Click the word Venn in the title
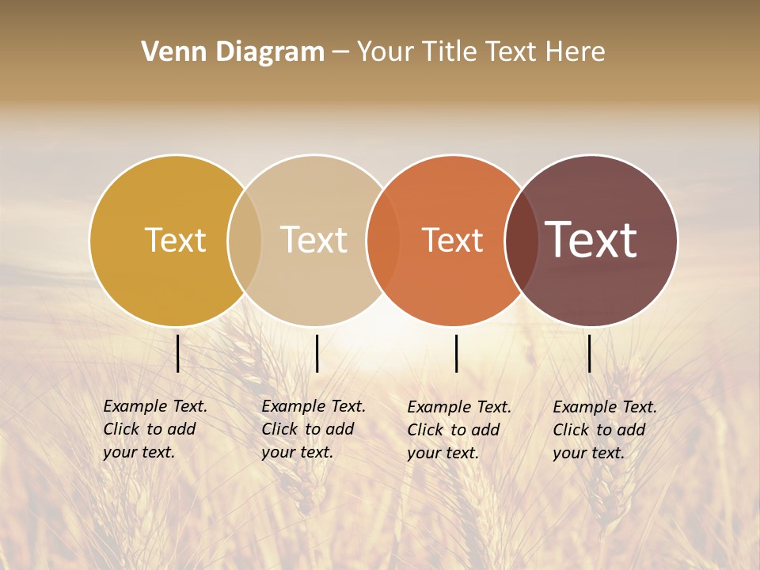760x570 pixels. (167, 52)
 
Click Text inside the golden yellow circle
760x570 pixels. (175, 240)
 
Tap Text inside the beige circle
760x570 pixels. (314, 240)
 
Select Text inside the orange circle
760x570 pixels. (453, 240)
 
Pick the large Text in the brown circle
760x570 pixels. (591, 240)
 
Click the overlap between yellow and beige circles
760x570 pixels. (245, 240)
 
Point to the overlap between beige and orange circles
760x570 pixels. (383, 240)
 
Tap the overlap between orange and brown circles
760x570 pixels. (521, 240)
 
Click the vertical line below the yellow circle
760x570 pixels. (178, 353)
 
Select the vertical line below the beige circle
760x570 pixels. (317, 353)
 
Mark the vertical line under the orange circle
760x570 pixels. (456, 353)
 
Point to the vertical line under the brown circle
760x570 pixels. (590, 353)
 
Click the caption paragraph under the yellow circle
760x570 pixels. (155, 429)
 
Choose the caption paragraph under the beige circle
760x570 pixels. (313, 429)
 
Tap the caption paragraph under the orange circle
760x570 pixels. (459, 430)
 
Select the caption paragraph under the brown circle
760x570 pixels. (605, 430)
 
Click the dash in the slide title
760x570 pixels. (340, 52)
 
